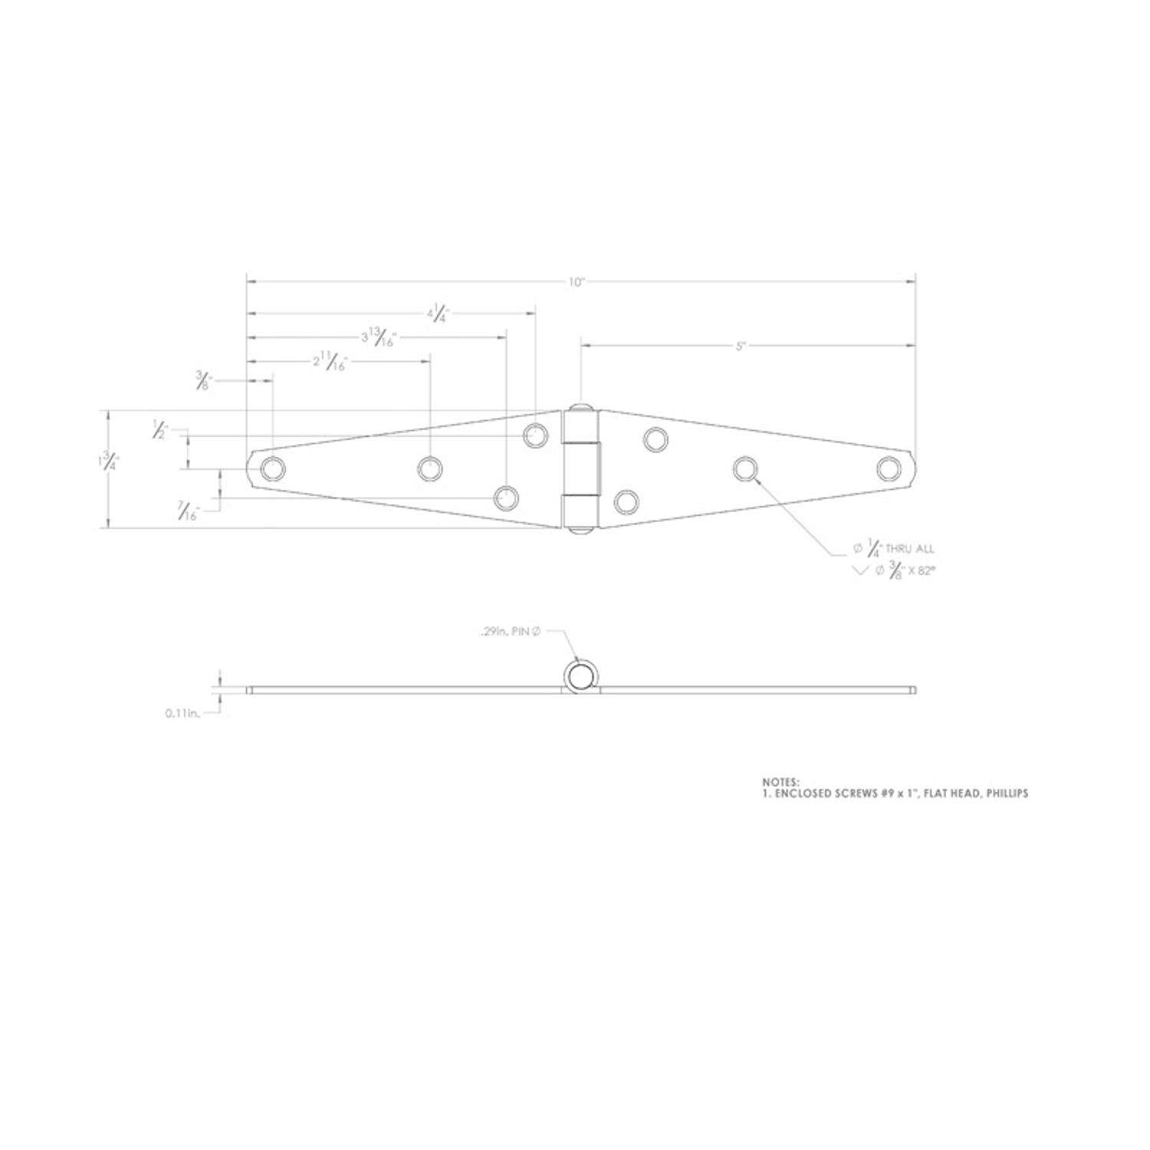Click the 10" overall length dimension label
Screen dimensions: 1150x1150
(x=577, y=282)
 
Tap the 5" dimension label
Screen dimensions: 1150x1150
(x=741, y=347)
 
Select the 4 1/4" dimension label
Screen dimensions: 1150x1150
(x=439, y=313)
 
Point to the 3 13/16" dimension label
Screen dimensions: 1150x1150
(x=377, y=338)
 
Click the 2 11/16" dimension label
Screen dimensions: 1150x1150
(x=330, y=362)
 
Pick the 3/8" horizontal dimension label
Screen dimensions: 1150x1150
(x=203, y=380)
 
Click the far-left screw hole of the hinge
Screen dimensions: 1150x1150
(x=273, y=468)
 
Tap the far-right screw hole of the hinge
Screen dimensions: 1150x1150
(x=889, y=468)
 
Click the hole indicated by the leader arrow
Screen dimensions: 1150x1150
(x=744, y=468)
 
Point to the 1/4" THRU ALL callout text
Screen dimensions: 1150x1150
(x=894, y=549)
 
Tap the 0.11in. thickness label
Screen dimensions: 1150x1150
(x=182, y=713)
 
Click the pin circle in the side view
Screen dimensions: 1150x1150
(x=580, y=676)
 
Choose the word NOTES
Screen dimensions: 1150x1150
(x=780, y=781)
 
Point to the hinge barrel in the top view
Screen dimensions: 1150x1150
(x=581, y=468)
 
